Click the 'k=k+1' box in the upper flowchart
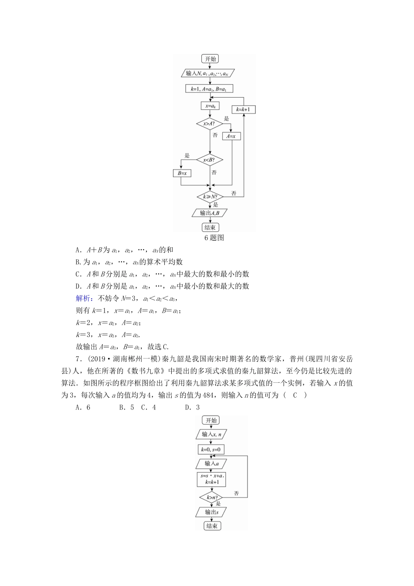[243, 109]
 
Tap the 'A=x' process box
[231, 136]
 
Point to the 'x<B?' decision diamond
[210, 160]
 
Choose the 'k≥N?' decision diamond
[210, 197]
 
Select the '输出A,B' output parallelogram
[210, 213]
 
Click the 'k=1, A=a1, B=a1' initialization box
[210, 89]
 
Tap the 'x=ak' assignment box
[210, 106]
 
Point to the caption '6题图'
[214, 238]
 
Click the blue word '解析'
[83, 298]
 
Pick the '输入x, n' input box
[211, 434]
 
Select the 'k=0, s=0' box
[211, 449]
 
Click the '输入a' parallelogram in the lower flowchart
[211, 463]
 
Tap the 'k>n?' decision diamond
[211, 497]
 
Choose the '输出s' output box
[211, 512]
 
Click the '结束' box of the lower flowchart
[212, 526]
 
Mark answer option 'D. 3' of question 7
[192, 407]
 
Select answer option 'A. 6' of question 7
[82, 407]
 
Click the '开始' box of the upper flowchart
[210, 59]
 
